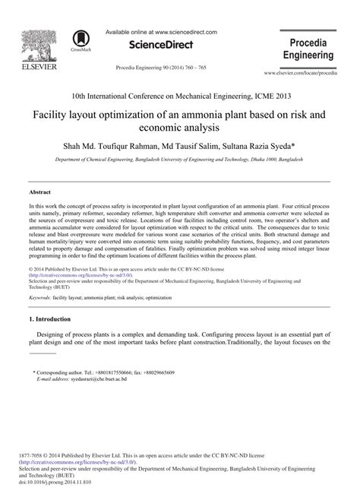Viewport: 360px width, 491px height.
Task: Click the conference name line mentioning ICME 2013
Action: coord(180,97)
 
